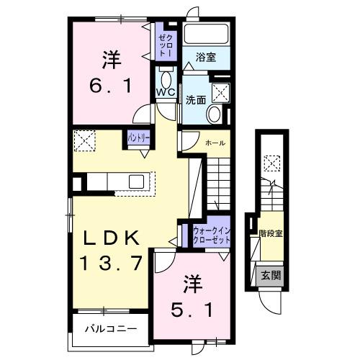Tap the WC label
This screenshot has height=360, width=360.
(x=165, y=92)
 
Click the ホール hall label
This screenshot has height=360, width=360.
(x=215, y=143)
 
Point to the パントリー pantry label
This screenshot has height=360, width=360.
(x=139, y=136)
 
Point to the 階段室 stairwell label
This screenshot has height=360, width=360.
(x=270, y=233)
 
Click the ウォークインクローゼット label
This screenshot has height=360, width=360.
(x=211, y=233)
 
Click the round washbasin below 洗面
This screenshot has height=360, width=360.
(x=215, y=114)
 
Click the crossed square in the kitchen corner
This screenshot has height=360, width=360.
(x=84, y=141)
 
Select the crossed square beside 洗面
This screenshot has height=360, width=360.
(x=220, y=91)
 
